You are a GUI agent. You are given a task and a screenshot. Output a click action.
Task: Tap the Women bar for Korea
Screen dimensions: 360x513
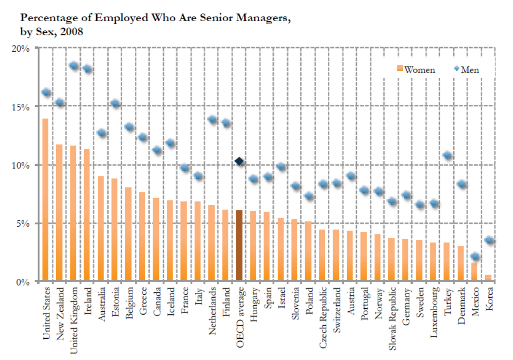point(488,278)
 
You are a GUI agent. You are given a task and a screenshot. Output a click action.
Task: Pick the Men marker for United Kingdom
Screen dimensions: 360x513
point(73,66)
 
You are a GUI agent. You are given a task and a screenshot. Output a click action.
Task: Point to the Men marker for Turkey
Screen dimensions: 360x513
point(447,156)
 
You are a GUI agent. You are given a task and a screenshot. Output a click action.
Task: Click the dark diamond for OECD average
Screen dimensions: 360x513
point(239,161)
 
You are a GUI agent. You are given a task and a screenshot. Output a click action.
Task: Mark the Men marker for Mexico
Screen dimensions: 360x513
point(475,257)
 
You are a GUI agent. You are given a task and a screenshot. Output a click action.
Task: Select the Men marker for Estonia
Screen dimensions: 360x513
point(115,103)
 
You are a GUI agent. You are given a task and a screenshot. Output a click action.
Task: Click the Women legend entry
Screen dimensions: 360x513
point(415,70)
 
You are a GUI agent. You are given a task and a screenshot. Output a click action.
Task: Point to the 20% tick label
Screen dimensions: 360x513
point(21,48)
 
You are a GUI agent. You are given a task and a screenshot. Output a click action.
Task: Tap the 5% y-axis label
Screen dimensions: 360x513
point(23,223)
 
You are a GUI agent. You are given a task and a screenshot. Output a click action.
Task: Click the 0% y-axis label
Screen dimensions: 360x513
point(23,282)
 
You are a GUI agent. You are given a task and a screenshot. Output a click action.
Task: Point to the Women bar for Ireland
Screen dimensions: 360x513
point(87,216)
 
